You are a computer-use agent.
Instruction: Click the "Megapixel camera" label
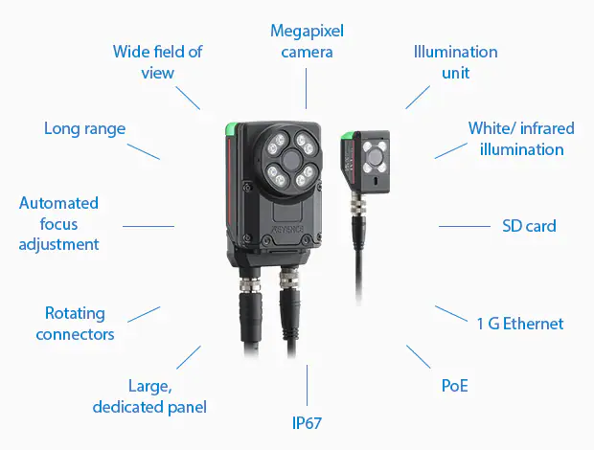click(x=307, y=41)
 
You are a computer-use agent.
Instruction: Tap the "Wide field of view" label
click(x=157, y=62)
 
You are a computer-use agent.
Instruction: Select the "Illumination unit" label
click(x=455, y=62)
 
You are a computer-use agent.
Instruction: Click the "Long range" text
click(x=85, y=128)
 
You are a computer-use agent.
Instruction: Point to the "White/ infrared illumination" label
click(x=521, y=139)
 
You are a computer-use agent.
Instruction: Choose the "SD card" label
click(x=529, y=226)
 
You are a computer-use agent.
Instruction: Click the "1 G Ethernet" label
click(x=519, y=324)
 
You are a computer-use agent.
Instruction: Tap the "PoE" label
click(x=454, y=386)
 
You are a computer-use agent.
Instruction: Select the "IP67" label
click(x=307, y=423)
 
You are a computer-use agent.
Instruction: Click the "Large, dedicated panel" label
click(x=149, y=396)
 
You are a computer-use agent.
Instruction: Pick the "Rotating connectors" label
click(x=75, y=324)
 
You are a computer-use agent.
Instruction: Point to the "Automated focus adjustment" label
click(x=58, y=224)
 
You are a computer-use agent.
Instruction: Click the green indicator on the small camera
click(x=347, y=136)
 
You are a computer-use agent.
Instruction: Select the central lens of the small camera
click(x=376, y=156)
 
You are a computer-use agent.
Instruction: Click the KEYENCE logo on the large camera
click(x=288, y=229)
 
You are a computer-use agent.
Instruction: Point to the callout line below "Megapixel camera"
click(x=306, y=88)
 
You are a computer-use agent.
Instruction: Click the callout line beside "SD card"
click(x=465, y=226)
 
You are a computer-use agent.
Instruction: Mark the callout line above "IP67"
click(x=307, y=385)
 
